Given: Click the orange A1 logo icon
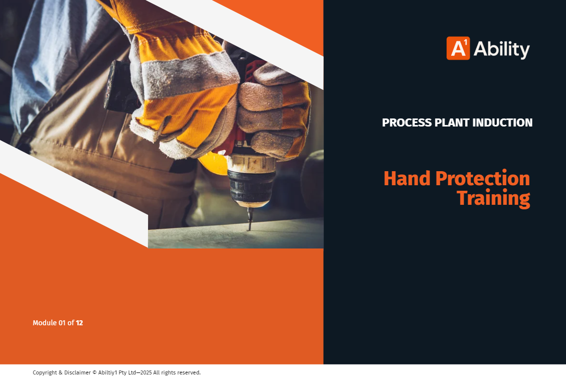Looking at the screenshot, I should [x=458, y=48].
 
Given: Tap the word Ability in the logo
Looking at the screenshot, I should [x=501, y=49].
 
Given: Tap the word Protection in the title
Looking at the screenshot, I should [x=483, y=179].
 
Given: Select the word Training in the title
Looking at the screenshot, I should [x=493, y=198].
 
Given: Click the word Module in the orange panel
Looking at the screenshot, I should [x=45, y=323].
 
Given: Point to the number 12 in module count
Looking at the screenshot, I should [x=79, y=323].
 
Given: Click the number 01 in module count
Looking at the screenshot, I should [x=62, y=323].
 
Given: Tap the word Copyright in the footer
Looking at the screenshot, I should [x=45, y=372].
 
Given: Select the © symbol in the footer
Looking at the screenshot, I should [x=94, y=372].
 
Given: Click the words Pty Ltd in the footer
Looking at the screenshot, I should [x=127, y=372].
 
